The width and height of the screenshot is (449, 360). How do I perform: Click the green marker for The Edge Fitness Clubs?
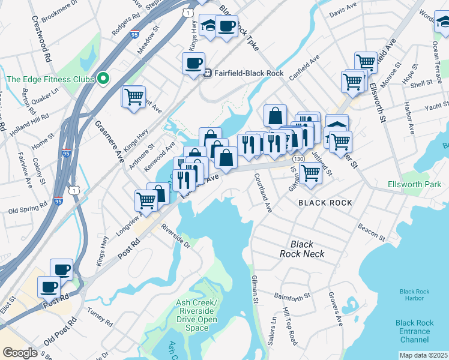click(103, 79)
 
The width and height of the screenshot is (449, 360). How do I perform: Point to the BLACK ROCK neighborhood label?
click(325, 203)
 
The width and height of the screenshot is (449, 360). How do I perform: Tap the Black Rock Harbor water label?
click(415, 294)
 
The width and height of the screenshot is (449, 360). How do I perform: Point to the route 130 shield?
click(299, 158)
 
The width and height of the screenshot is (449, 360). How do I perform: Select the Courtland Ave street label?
click(263, 193)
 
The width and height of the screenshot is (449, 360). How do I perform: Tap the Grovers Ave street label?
click(336, 308)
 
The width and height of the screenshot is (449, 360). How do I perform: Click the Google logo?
click(20, 353)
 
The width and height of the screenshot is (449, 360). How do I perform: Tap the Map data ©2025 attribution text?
click(423, 355)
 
